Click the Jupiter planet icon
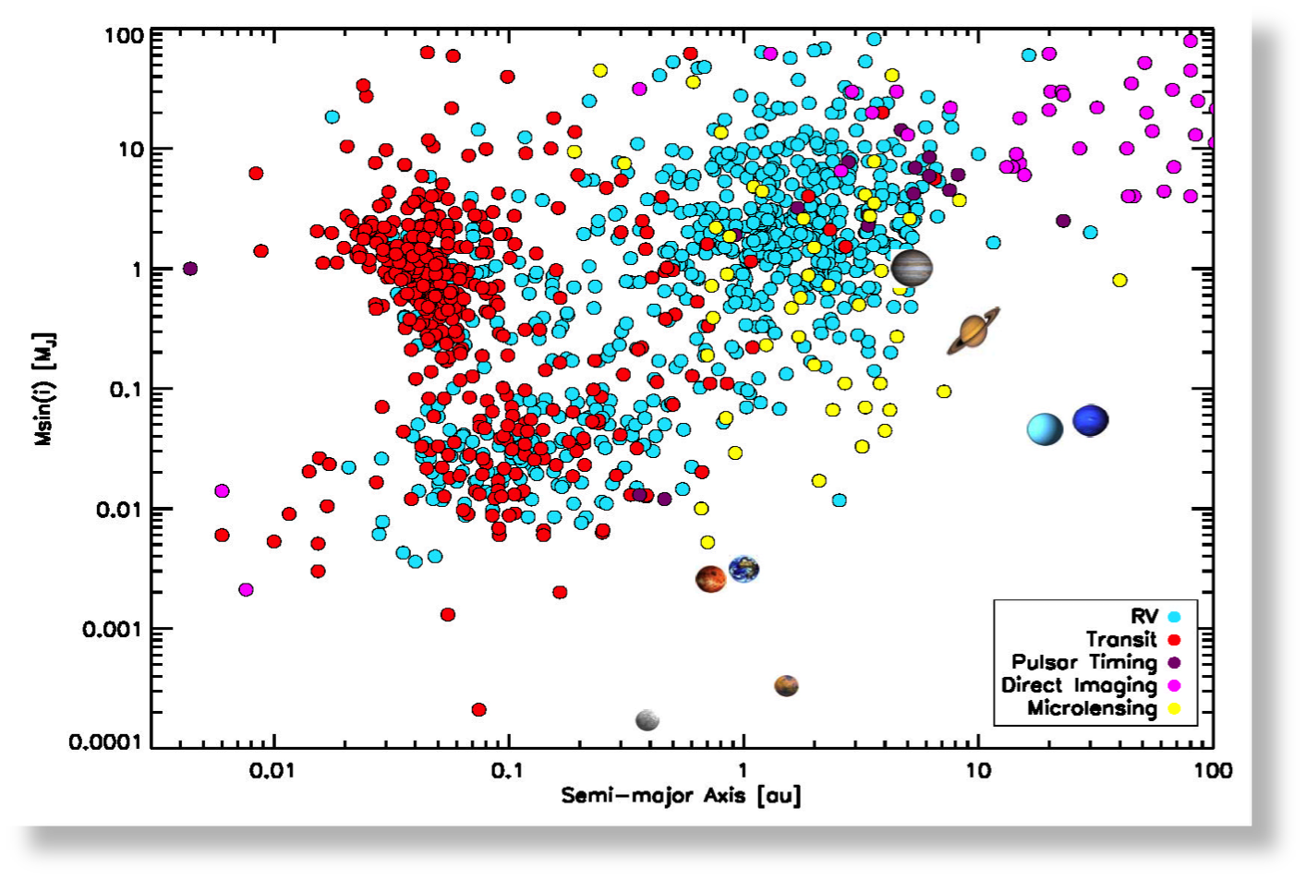[x=912, y=268]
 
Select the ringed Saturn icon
[x=973, y=331]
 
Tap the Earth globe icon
[x=744, y=569]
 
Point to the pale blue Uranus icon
[x=1045, y=428]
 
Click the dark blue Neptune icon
[x=1090, y=421]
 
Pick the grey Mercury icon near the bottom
[x=647, y=719]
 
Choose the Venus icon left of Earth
[x=710, y=579]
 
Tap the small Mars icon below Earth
[x=786, y=685]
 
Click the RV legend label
[x=1143, y=617]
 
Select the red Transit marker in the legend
[x=1175, y=639]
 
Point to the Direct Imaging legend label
[x=1079, y=685]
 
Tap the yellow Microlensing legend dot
[x=1175, y=709]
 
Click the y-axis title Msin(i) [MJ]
[x=43, y=389]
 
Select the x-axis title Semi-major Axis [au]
[x=681, y=795]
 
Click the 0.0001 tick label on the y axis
[x=106, y=742]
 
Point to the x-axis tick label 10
[x=978, y=770]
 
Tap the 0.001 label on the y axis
[x=113, y=630]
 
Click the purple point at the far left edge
[x=190, y=269]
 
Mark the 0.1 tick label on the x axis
[x=507, y=770]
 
